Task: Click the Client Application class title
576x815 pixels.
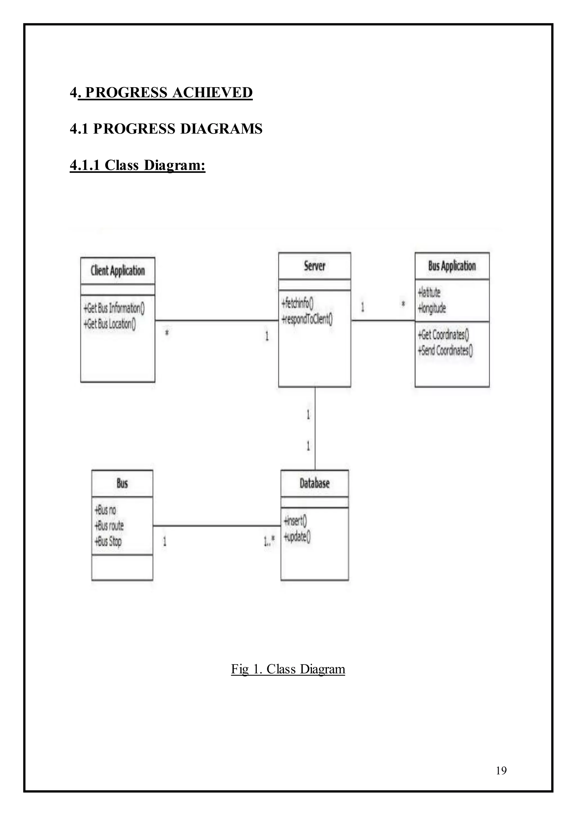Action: (x=118, y=270)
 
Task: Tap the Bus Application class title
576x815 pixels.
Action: (x=452, y=266)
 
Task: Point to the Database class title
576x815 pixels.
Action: (x=315, y=483)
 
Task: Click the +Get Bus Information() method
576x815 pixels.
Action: (x=114, y=308)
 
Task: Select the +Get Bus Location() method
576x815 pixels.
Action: (x=110, y=323)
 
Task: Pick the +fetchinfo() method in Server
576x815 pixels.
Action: (x=297, y=303)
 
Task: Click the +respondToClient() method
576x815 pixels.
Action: (x=307, y=319)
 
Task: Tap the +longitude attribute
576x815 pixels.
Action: (x=432, y=308)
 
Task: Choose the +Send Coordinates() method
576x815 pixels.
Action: (x=445, y=350)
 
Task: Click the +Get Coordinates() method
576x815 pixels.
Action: (x=443, y=334)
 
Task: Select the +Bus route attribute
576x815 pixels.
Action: (x=109, y=525)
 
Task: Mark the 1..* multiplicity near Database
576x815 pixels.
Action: (x=269, y=541)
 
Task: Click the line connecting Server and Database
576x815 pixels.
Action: (x=315, y=429)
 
